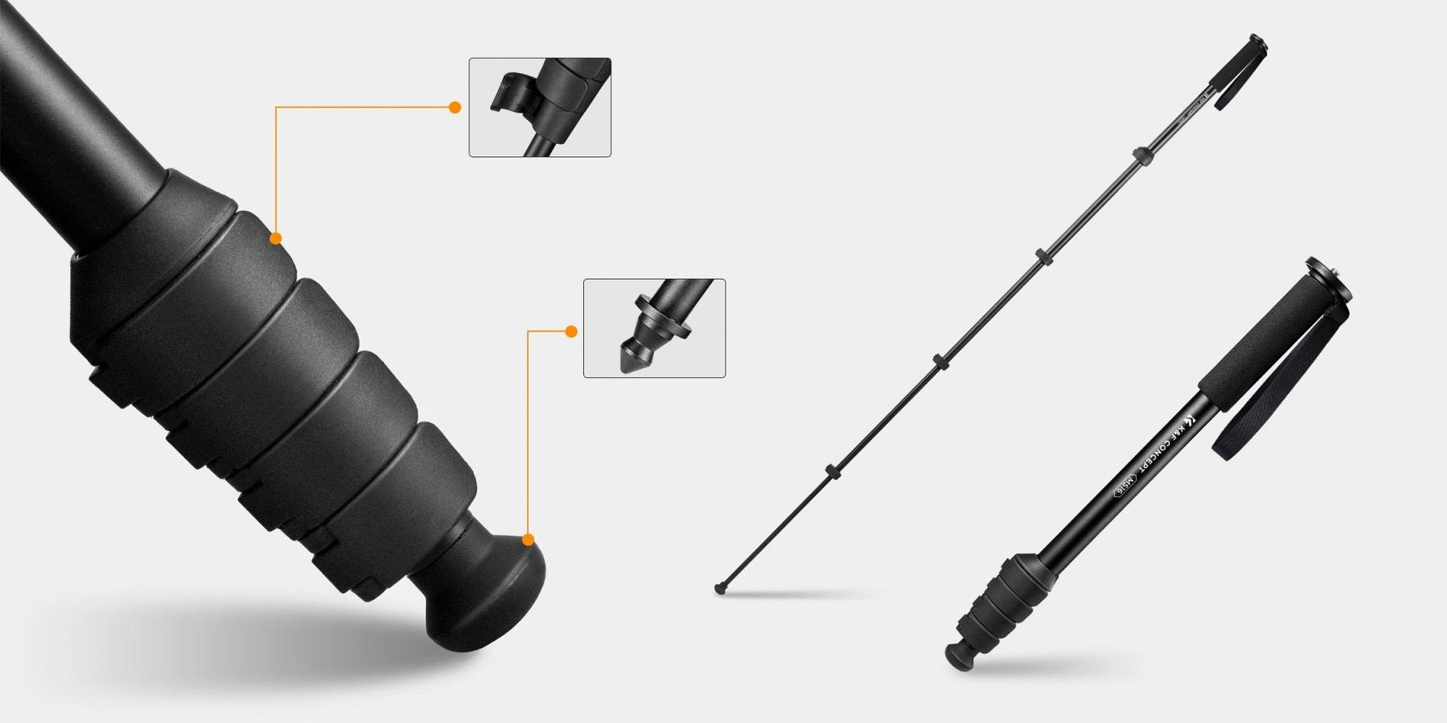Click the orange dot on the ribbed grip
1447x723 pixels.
[x=276, y=238]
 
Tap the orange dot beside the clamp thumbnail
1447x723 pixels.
[x=455, y=107]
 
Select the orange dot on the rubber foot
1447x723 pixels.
[x=528, y=539]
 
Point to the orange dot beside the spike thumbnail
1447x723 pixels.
[x=571, y=331]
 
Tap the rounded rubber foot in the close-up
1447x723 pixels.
[x=492, y=593]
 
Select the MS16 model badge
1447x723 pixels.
[x=1126, y=492]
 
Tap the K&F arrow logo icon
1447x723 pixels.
[x=1190, y=420]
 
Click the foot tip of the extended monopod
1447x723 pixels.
[x=720, y=589]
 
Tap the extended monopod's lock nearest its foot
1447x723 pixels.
[x=831, y=471]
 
